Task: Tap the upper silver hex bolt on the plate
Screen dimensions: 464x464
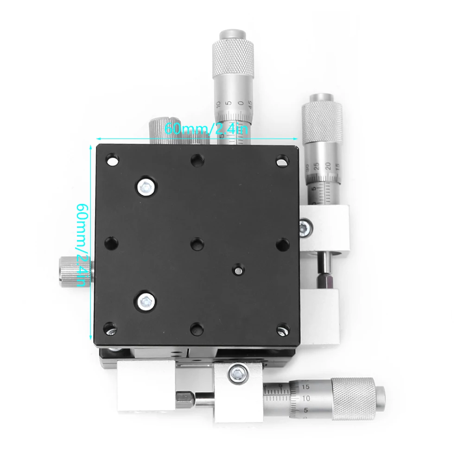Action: pos(146,186)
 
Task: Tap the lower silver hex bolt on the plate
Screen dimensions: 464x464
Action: pos(146,301)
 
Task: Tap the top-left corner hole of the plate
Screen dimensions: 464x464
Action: pos(112,161)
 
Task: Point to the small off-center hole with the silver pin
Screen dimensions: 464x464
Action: pos(237,269)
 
